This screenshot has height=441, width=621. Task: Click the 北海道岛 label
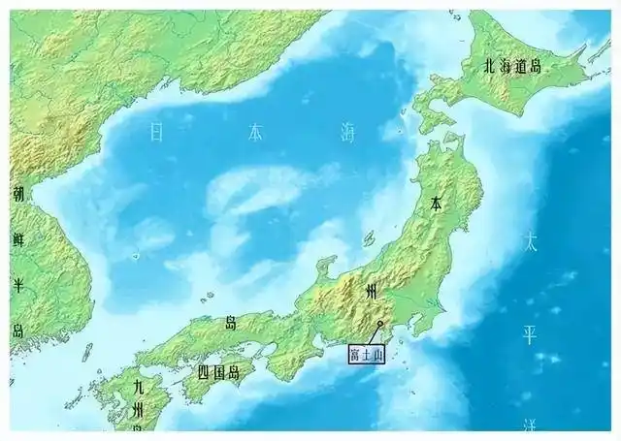pyautogui.click(x=513, y=67)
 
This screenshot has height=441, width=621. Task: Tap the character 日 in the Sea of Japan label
pyautogui.click(x=156, y=133)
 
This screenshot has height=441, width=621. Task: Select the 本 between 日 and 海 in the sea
pyautogui.click(x=254, y=133)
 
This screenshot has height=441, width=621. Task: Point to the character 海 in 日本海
pyautogui.click(x=347, y=133)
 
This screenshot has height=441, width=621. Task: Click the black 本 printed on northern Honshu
pyautogui.click(x=438, y=205)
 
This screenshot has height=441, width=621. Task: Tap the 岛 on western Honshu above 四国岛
pyautogui.click(x=231, y=321)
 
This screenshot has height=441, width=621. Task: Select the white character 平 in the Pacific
pyautogui.click(x=530, y=335)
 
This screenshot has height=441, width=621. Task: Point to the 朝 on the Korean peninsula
pyautogui.click(x=17, y=195)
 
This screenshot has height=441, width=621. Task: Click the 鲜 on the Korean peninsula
pyautogui.click(x=17, y=237)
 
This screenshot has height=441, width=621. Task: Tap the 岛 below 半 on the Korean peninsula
pyautogui.click(x=17, y=330)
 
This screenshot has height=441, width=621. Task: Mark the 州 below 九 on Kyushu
pyautogui.click(x=139, y=411)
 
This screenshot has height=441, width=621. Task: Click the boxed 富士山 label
pyautogui.click(x=366, y=355)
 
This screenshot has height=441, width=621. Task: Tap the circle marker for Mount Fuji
pyautogui.click(x=380, y=324)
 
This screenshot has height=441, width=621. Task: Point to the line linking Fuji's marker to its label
pyautogui.click(x=375, y=334)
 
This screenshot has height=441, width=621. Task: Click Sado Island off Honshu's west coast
pyautogui.click(x=370, y=237)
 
